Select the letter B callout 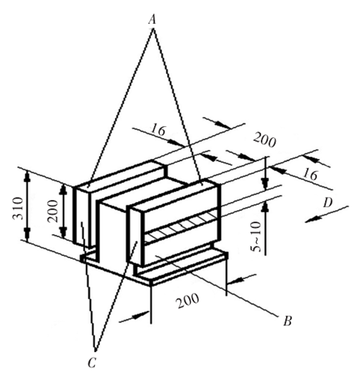tap(288, 321)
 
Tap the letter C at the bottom tap(92, 363)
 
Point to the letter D tap(327, 203)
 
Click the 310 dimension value tap(18, 208)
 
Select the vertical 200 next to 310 tap(53, 211)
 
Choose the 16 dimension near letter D tap(310, 175)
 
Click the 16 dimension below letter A tap(158, 130)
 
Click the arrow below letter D tap(326, 214)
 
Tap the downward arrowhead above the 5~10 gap tap(266, 184)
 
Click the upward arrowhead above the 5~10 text tap(266, 207)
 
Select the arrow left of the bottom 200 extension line tap(134, 316)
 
